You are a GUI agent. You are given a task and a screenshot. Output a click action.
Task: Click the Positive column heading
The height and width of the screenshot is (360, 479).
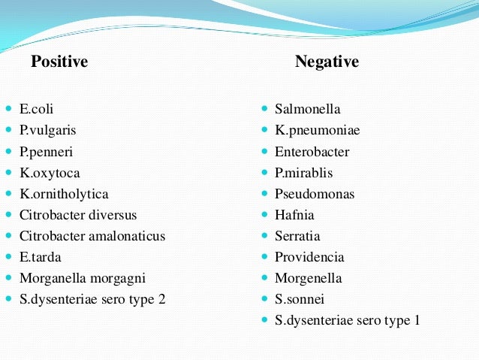point(59,62)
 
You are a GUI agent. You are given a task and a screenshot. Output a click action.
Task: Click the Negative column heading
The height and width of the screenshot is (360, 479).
point(327,62)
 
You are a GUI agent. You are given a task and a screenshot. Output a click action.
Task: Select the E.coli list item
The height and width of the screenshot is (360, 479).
point(37,109)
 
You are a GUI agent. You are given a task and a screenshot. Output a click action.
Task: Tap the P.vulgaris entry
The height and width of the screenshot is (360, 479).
point(47,130)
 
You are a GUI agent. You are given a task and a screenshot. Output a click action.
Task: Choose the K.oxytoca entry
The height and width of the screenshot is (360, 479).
point(50,173)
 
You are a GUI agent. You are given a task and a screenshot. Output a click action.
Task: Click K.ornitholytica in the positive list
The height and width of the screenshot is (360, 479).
point(64,194)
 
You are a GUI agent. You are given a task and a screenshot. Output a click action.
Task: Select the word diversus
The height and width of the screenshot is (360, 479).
point(113,215)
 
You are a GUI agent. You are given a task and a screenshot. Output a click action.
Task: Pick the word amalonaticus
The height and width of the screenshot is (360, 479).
point(126,236)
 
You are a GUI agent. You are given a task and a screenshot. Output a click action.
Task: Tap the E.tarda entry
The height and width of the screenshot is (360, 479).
point(41,257)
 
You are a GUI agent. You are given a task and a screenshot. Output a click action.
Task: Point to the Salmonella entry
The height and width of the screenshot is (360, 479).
point(307,109)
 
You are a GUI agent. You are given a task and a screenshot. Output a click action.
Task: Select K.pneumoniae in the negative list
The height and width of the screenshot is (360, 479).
point(317,130)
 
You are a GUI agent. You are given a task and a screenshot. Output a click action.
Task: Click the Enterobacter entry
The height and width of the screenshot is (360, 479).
point(312,151)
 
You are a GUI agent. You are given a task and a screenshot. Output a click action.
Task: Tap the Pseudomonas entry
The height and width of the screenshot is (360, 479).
point(315,194)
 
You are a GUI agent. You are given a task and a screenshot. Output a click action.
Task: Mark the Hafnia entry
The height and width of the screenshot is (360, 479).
point(294,215)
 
